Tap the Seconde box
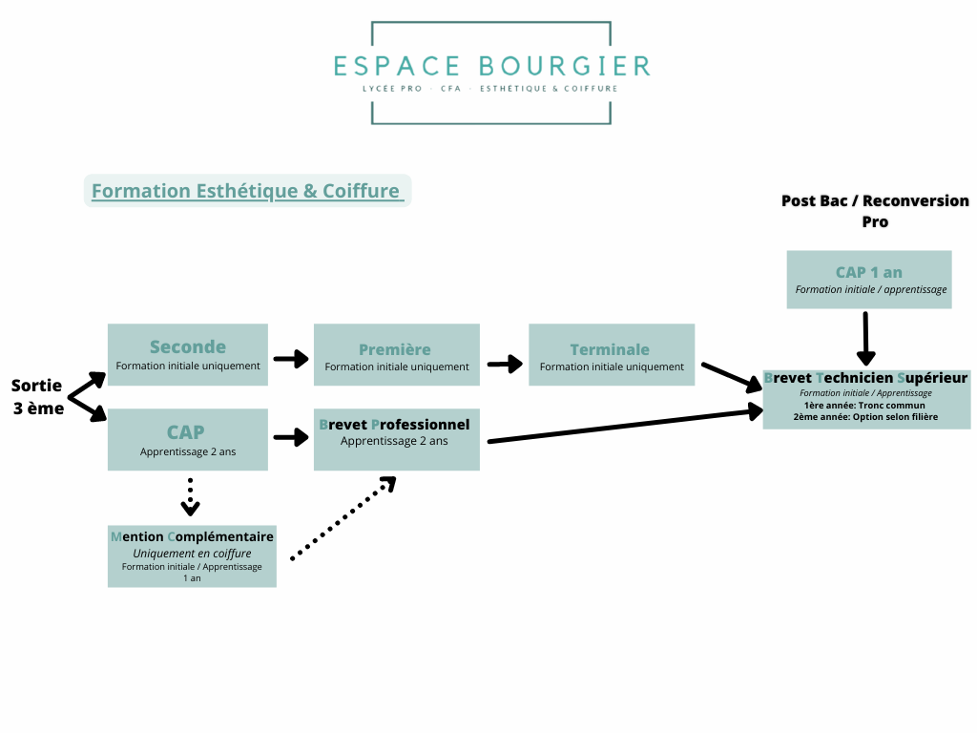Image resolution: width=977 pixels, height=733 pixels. pos(188,355)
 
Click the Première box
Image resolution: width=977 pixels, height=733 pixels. pos(397,355)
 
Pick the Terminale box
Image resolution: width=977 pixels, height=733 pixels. pos(612,355)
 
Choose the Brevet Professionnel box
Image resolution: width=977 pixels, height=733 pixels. pos(397,439)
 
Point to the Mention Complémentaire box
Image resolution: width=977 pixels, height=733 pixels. pos(192,556)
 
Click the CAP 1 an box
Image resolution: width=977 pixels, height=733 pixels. pos(869,280)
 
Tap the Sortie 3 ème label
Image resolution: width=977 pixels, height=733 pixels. pos(38,397)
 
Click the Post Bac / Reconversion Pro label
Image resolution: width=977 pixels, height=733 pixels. pos(875,211)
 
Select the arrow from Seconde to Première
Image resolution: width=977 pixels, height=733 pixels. pos(291,359)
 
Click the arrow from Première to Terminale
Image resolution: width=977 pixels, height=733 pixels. pos(506,364)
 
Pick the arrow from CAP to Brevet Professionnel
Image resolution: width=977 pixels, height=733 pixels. pos(291,437)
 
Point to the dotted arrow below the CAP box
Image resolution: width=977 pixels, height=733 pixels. pos(190,497)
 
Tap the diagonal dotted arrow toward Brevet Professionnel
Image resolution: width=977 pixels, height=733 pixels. pos(343,518)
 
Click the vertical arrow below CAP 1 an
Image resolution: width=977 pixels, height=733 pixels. pos(866,339)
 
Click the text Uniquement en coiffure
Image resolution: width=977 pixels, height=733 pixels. pos(192,554)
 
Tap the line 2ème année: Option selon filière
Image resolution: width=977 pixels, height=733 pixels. pos(865,417)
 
